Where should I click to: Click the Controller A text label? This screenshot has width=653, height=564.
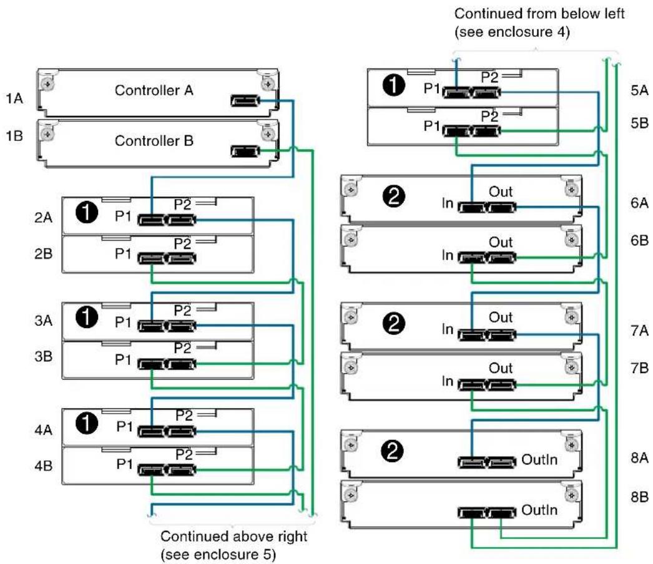point(154,90)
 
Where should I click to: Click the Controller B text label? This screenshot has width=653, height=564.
point(154,140)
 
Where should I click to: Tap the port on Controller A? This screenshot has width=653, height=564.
point(245,100)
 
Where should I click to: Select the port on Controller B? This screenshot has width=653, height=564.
point(245,151)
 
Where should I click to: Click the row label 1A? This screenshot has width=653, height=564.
point(14,98)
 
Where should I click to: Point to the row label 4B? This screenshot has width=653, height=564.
point(43,465)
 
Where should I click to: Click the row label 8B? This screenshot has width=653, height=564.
point(639,497)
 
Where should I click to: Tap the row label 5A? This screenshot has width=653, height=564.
point(639,90)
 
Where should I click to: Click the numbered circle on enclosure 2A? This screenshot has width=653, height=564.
point(87,213)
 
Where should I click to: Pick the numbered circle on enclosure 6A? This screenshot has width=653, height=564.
point(393,196)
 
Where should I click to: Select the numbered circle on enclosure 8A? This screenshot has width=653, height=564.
point(392,451)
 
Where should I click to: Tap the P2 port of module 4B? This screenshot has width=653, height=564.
point(181,470)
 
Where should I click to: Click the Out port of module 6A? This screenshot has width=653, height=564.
point(501,207)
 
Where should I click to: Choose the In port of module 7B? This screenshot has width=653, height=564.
point(472,385)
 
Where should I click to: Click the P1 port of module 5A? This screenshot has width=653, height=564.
point(456,92)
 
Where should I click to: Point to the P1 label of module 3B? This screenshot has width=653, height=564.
point(123,359)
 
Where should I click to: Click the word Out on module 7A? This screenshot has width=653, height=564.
point(501,317)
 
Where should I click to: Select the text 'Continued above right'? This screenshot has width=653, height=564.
point(233,536)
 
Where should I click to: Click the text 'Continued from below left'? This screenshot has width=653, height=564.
point(539,14)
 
